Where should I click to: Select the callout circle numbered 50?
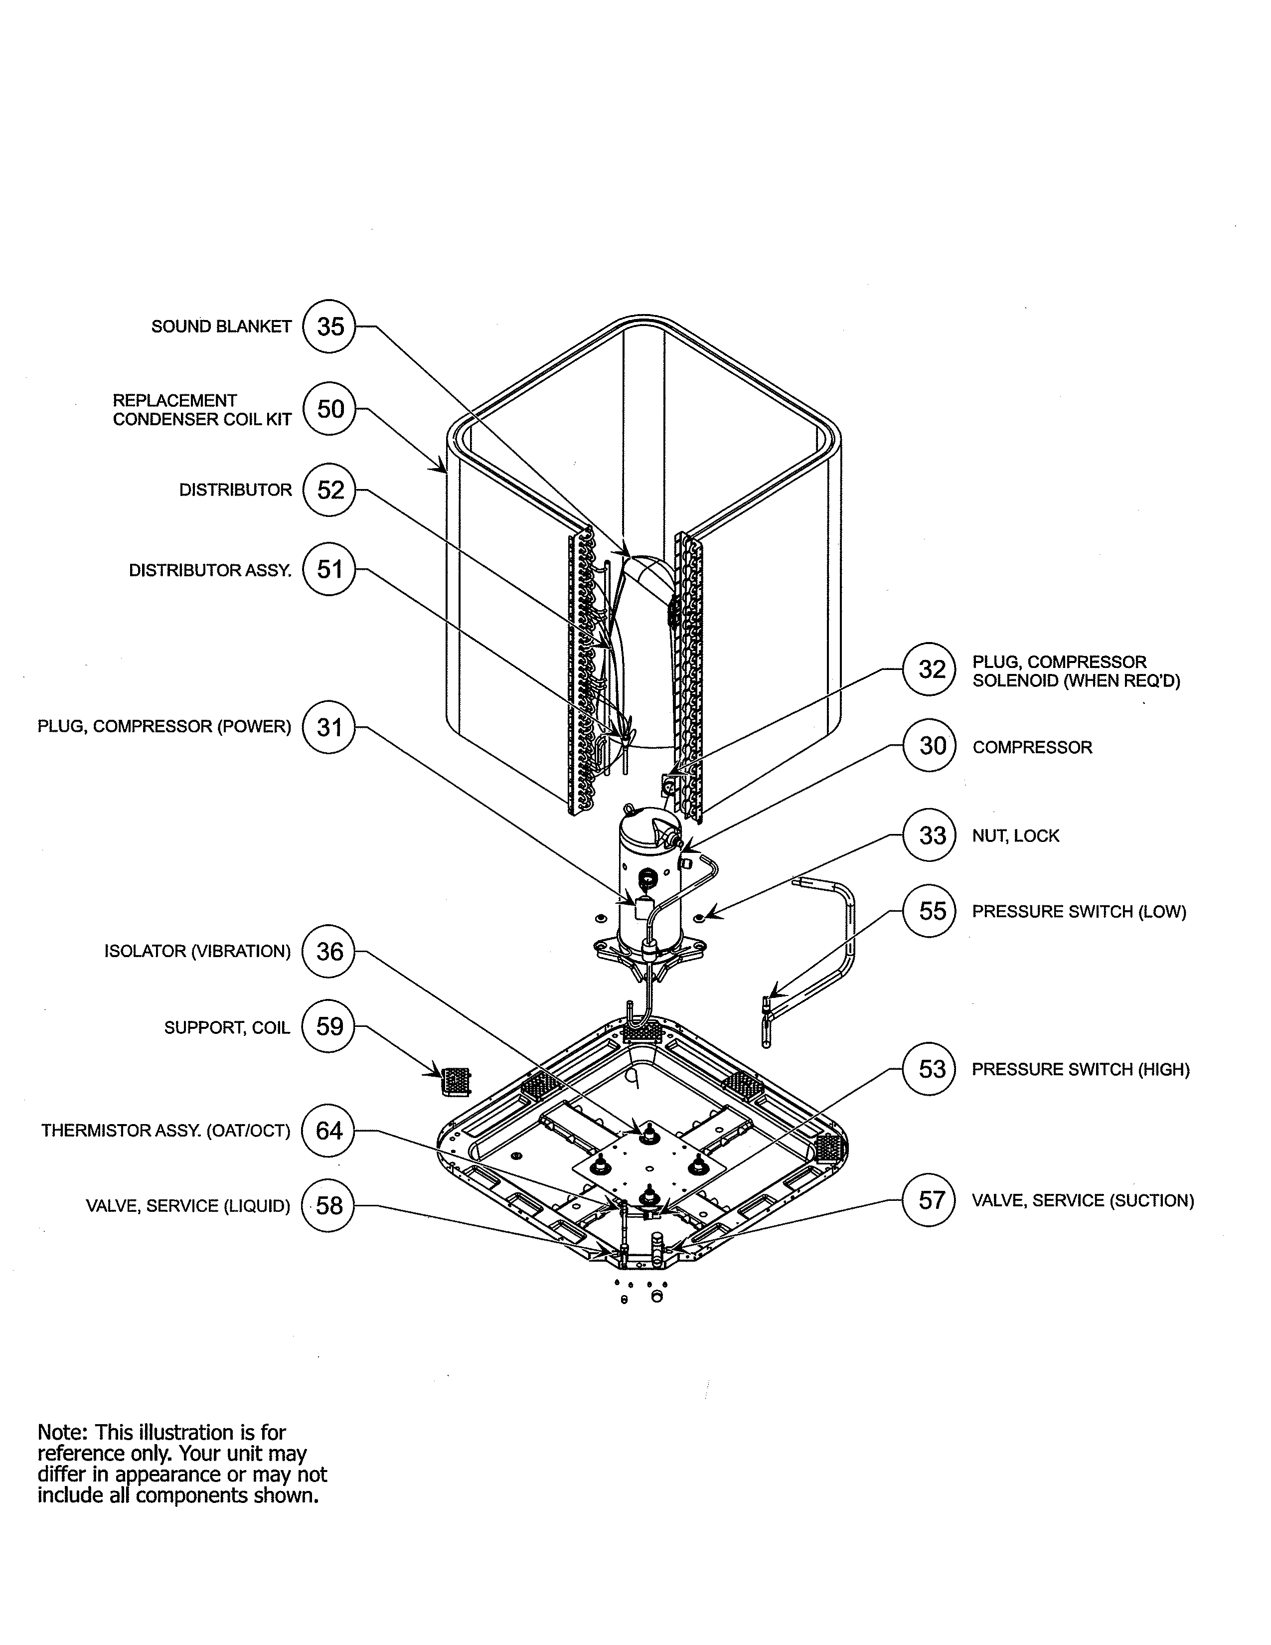[329, 409]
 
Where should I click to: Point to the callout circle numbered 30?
[932, 746]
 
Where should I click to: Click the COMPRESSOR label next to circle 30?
[1032, 747]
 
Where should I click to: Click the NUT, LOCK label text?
[1015, 835]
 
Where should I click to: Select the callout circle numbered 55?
[932, 911]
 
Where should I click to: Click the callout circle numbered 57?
[932, 1200]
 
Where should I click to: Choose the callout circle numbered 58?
[329, 1206]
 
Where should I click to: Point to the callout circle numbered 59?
[329, 1026]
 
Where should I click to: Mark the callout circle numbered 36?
[329, 951]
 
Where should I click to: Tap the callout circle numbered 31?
[329, 727]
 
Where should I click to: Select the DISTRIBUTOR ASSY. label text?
[210, 570]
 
